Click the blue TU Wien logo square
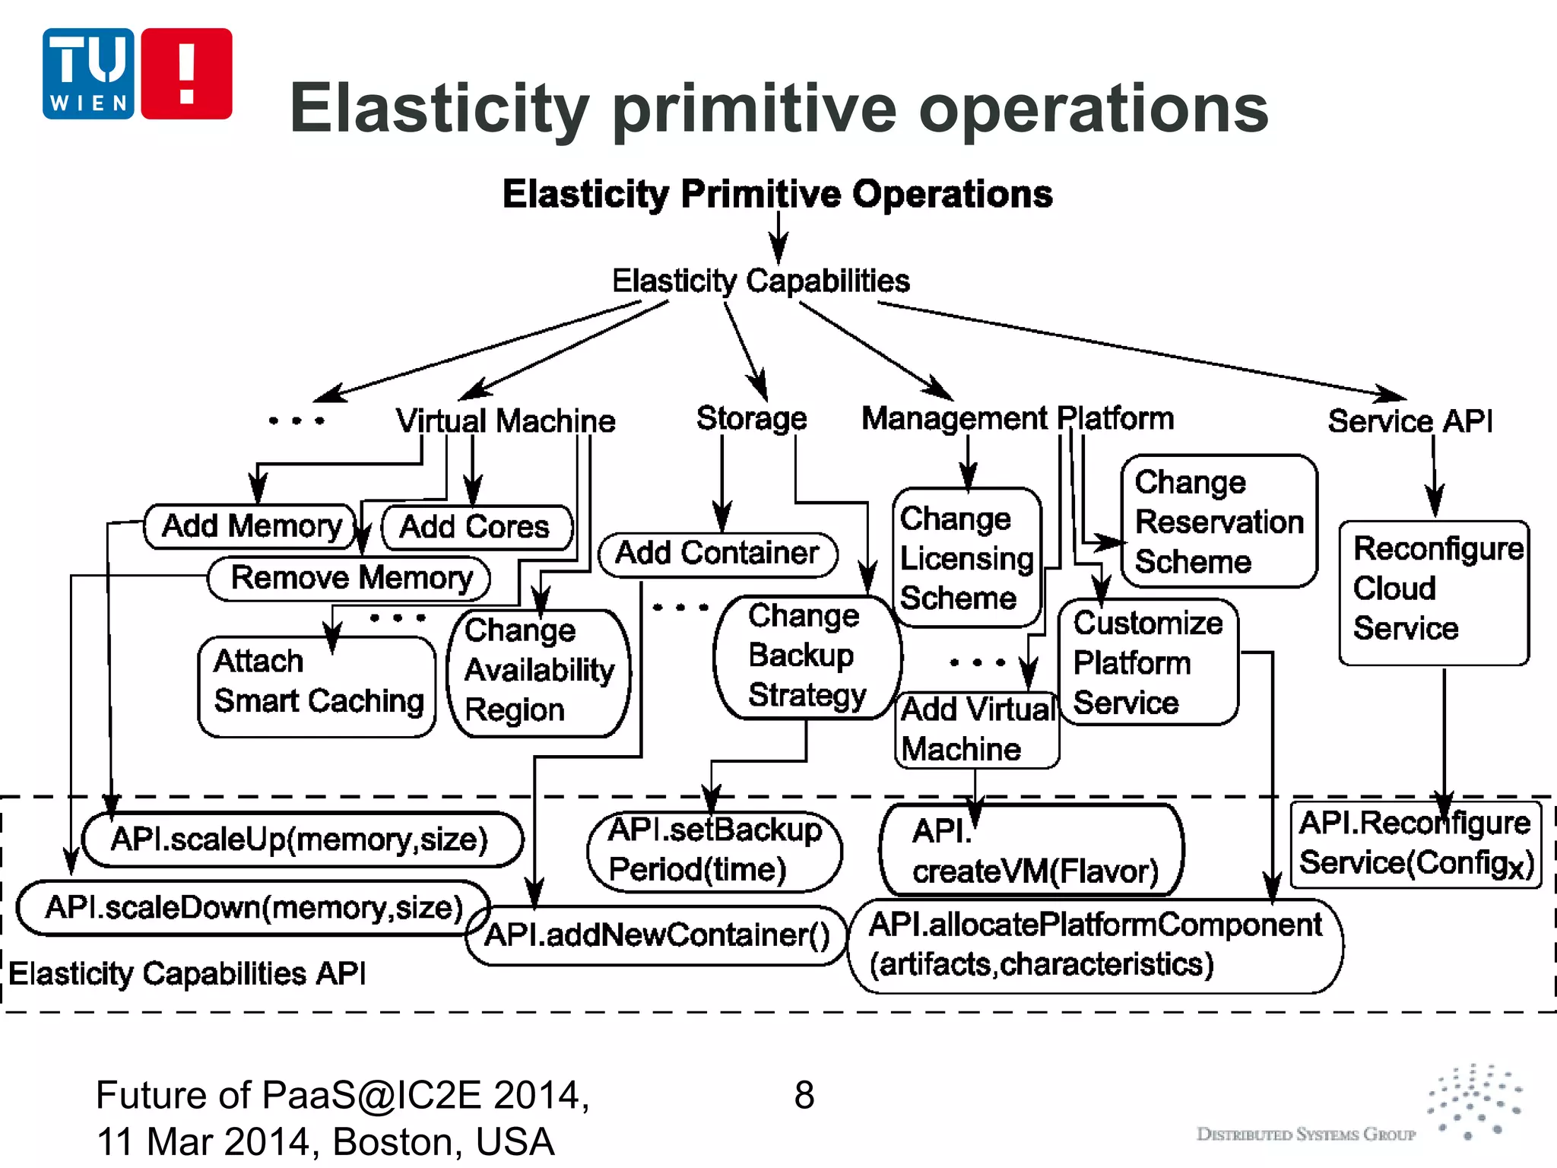click(x=88, y=74)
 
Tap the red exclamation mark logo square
click(x=186, y=74)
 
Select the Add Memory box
click(x=251, y=526)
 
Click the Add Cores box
click(x=476, y=527)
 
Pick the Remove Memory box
click(x=350, y=578)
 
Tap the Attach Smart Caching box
click(x=318, y=686)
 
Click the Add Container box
click(x=718, y=554)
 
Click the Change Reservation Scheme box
click(x=1219, y=522)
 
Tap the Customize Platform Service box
click(x=1148, y=662)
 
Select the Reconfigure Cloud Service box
click(x=1434, y=592)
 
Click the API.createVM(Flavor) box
click(x=1032, y=850)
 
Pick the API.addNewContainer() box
click(x=657, y=935)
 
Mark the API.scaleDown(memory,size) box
click(x=253, y=908)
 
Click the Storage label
click(x=751, y=418)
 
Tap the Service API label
click(x=1410, y=421)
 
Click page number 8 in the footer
click(x=804, y=1096)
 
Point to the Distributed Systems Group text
click(x=1305, y=1135)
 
